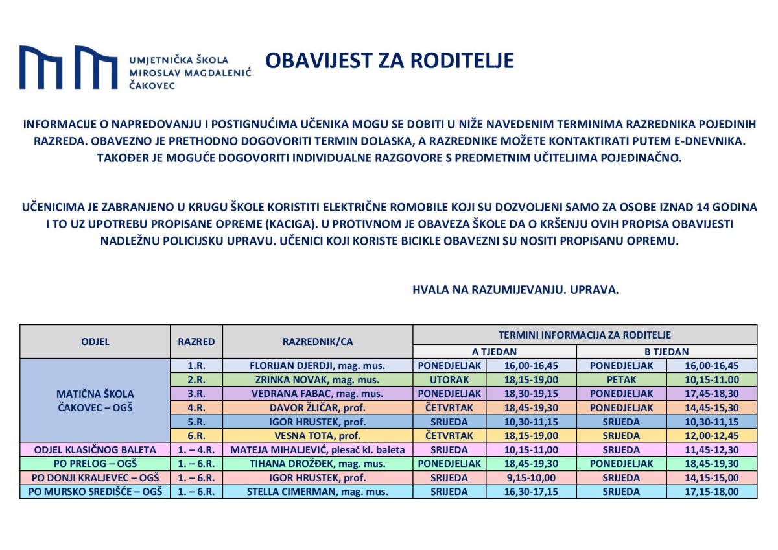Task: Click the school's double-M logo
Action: pos(69,67)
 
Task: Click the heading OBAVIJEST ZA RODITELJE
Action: pos(390,60)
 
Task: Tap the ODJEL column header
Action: pos(95,342)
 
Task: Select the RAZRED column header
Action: pos(196,342)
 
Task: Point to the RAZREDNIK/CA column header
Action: pos(318,342)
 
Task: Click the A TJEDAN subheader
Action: pos(494,352)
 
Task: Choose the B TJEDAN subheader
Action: pos(666,352)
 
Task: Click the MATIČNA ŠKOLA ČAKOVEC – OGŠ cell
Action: pos(95,400)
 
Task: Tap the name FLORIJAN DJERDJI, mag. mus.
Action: pos(318,366)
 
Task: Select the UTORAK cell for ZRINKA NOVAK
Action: pos(449,380)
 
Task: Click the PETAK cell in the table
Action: pos(621,380)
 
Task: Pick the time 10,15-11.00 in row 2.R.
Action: pos(712,380)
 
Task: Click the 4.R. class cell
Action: pos(196,408)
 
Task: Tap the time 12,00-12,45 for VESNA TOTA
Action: pos(712,436)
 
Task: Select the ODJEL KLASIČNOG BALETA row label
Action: pos(95,450)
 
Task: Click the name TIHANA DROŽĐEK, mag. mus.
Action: pos(318,464)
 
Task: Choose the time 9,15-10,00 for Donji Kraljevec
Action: pos(531,478)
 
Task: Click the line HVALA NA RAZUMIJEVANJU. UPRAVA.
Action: pos(515,290)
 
